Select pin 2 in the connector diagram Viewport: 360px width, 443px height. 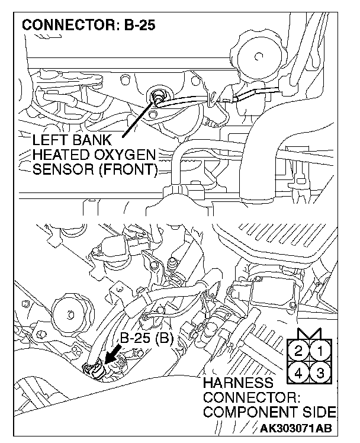coord(300,350)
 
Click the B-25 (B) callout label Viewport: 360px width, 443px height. coord(146,338)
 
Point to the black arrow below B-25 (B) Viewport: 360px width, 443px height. coord(112,357)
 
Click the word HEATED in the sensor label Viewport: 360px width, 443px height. coord(60,156)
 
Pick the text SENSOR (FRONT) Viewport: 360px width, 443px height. coord(95,171)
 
